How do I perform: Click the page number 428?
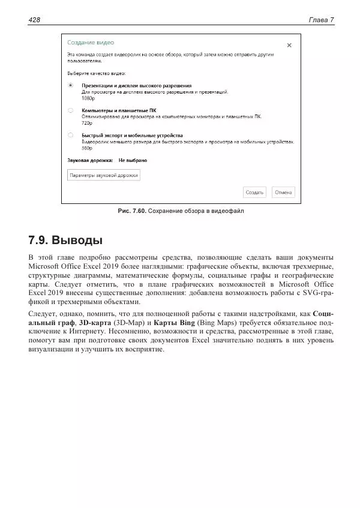[34, 20]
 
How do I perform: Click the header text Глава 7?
[321, 20]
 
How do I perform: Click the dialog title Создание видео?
[90, 43]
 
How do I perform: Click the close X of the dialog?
[289, 45]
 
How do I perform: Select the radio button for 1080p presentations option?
[71, 85]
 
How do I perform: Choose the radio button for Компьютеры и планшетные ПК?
[71, 110]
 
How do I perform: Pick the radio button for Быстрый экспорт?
[71, 136]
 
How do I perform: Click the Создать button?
[254, 193]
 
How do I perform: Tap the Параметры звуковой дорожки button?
[104, 176]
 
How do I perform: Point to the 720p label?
[87, 123]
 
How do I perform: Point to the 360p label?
[87, 148]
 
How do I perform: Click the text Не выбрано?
[133, 161]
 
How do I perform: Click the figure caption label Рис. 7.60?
[131, 211]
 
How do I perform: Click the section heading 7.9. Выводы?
[65, 241]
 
